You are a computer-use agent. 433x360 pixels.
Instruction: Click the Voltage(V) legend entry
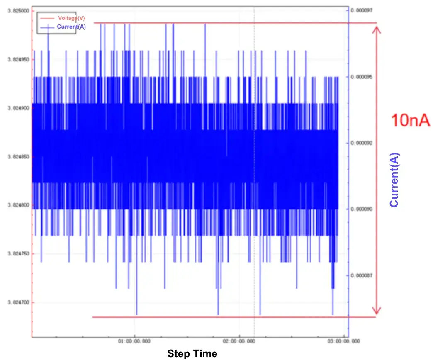(71, 18)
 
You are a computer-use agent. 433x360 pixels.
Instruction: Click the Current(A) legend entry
(71, 27)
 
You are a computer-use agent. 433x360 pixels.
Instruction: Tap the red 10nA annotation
(410, 121)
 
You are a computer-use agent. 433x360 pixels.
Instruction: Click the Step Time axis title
(192, 353)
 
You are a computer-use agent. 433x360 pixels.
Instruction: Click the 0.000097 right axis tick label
(362, 10)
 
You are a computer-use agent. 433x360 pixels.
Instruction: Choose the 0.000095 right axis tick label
(362, 77)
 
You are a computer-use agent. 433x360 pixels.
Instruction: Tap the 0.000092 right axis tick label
(362, 143)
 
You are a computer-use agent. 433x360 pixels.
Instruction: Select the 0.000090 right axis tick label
(362, 209)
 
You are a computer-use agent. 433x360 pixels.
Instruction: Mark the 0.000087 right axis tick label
(362, 275)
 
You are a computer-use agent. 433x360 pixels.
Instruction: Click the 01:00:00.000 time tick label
(135, 341)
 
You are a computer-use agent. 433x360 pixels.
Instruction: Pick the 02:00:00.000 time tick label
(240, 341)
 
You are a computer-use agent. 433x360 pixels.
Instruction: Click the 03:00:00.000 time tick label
(344, 341)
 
